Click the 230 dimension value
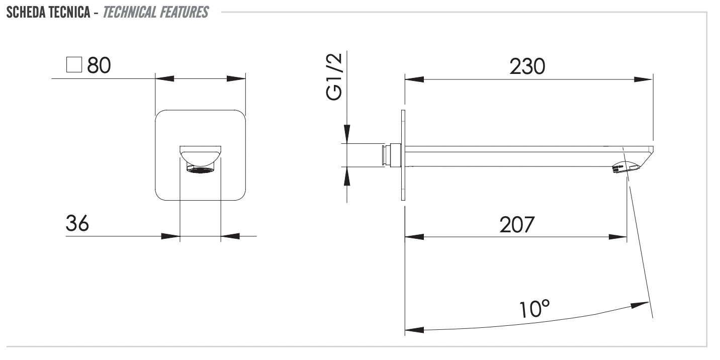527,66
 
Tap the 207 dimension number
517,225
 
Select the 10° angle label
534,309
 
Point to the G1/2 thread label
334,77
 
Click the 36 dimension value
77,223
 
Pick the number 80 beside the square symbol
99,65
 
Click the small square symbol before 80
74,64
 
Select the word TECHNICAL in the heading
130,12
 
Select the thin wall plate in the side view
403,155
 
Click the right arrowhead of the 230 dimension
644,79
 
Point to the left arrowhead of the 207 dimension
414,237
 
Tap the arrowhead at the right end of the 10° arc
640,305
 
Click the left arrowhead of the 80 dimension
164,78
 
